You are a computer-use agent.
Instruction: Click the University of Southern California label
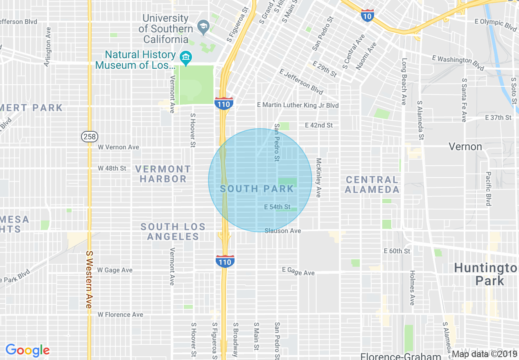coord(166,29)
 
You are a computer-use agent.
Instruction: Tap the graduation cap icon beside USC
coord(203,28)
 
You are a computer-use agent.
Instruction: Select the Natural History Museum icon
coord(186,59)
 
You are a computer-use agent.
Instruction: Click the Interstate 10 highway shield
coord(367,16)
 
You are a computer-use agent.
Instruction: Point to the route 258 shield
coord(89,137)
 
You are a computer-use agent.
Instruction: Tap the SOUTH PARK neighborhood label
coord(257,189)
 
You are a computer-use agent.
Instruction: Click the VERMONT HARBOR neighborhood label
coord(163,174)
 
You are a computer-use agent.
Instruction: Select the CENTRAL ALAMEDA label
coord(372,184)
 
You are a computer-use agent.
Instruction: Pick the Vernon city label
coord(465,146)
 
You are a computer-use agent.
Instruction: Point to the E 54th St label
coord(277,207)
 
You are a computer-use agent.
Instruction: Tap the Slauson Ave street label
coord(282,231)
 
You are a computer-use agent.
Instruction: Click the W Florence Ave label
coord(120,315)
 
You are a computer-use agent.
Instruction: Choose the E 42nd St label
coord(319,125)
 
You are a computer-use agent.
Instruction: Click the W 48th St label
coord(112,168)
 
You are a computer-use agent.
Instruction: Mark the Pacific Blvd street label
coord(488,188)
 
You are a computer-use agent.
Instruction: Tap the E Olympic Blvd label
coord(496,24)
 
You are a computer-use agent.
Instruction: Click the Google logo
coord(27,350)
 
